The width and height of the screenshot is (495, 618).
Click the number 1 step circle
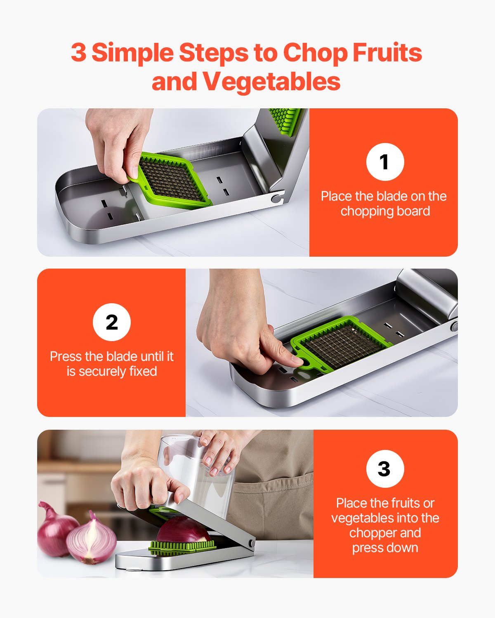coord(385,162)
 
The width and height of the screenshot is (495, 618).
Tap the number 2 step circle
coord(112,322)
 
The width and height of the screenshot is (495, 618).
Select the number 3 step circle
coord(385,469)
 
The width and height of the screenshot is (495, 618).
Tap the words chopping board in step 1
coord(385,211)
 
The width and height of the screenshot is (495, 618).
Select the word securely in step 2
coord(102,371)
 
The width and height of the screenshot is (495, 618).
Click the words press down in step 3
coord(385,548)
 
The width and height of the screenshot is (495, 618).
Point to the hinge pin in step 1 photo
coord(275,199)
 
